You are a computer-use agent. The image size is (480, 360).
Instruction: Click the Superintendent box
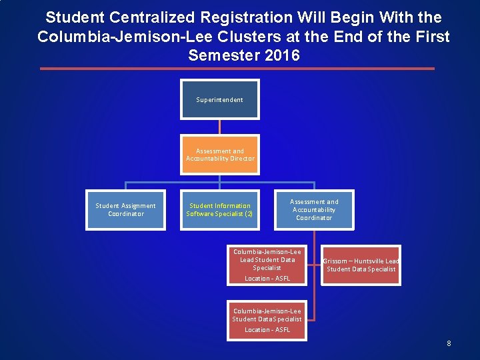coord(220,100)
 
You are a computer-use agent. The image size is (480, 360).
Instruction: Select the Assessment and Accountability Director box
coord(220,155)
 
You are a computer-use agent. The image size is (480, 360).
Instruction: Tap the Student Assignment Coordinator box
coord(125,210)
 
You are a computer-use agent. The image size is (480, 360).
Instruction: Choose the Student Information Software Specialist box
coord(220,210)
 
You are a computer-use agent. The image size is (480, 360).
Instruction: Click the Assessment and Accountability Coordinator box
coord(314,210)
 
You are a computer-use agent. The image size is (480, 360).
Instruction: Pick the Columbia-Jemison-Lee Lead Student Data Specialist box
coord(267,265)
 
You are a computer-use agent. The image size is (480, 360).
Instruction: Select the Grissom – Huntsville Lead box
coord(361,265)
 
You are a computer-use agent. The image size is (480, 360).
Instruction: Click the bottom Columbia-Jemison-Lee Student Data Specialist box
coord(267,321)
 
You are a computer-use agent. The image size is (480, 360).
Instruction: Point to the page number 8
coord(449,343)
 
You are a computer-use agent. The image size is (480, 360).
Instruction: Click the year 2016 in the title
coord(282,55)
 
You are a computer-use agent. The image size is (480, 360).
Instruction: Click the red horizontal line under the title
coord(237,69)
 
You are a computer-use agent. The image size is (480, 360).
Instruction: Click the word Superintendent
coord(220,100)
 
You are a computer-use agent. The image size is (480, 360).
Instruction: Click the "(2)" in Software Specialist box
coord(248,214)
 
